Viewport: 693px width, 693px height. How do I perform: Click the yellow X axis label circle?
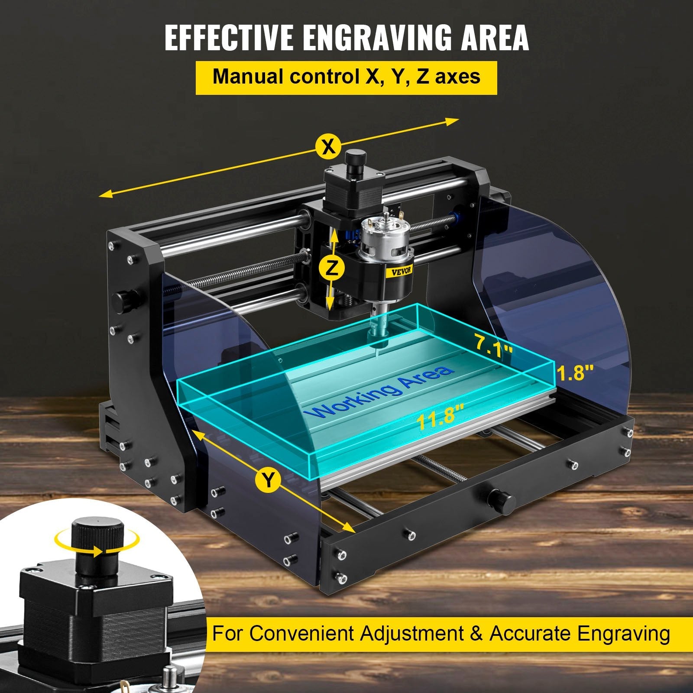329,147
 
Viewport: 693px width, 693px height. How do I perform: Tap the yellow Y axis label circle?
269,480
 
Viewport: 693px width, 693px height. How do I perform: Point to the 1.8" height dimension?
575,373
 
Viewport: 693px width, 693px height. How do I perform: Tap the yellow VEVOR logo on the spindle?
399,269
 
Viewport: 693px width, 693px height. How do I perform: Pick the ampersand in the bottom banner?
476,634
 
